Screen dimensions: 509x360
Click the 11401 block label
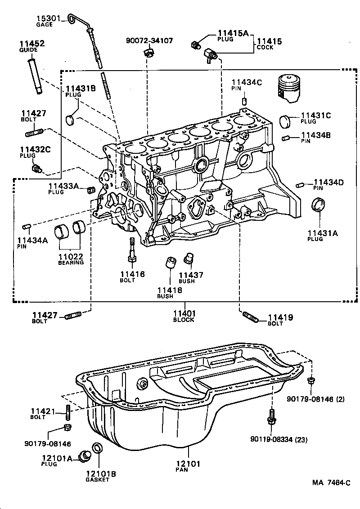[184, 313]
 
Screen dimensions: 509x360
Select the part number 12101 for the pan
[188, 464]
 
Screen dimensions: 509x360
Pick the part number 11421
[43, 411]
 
